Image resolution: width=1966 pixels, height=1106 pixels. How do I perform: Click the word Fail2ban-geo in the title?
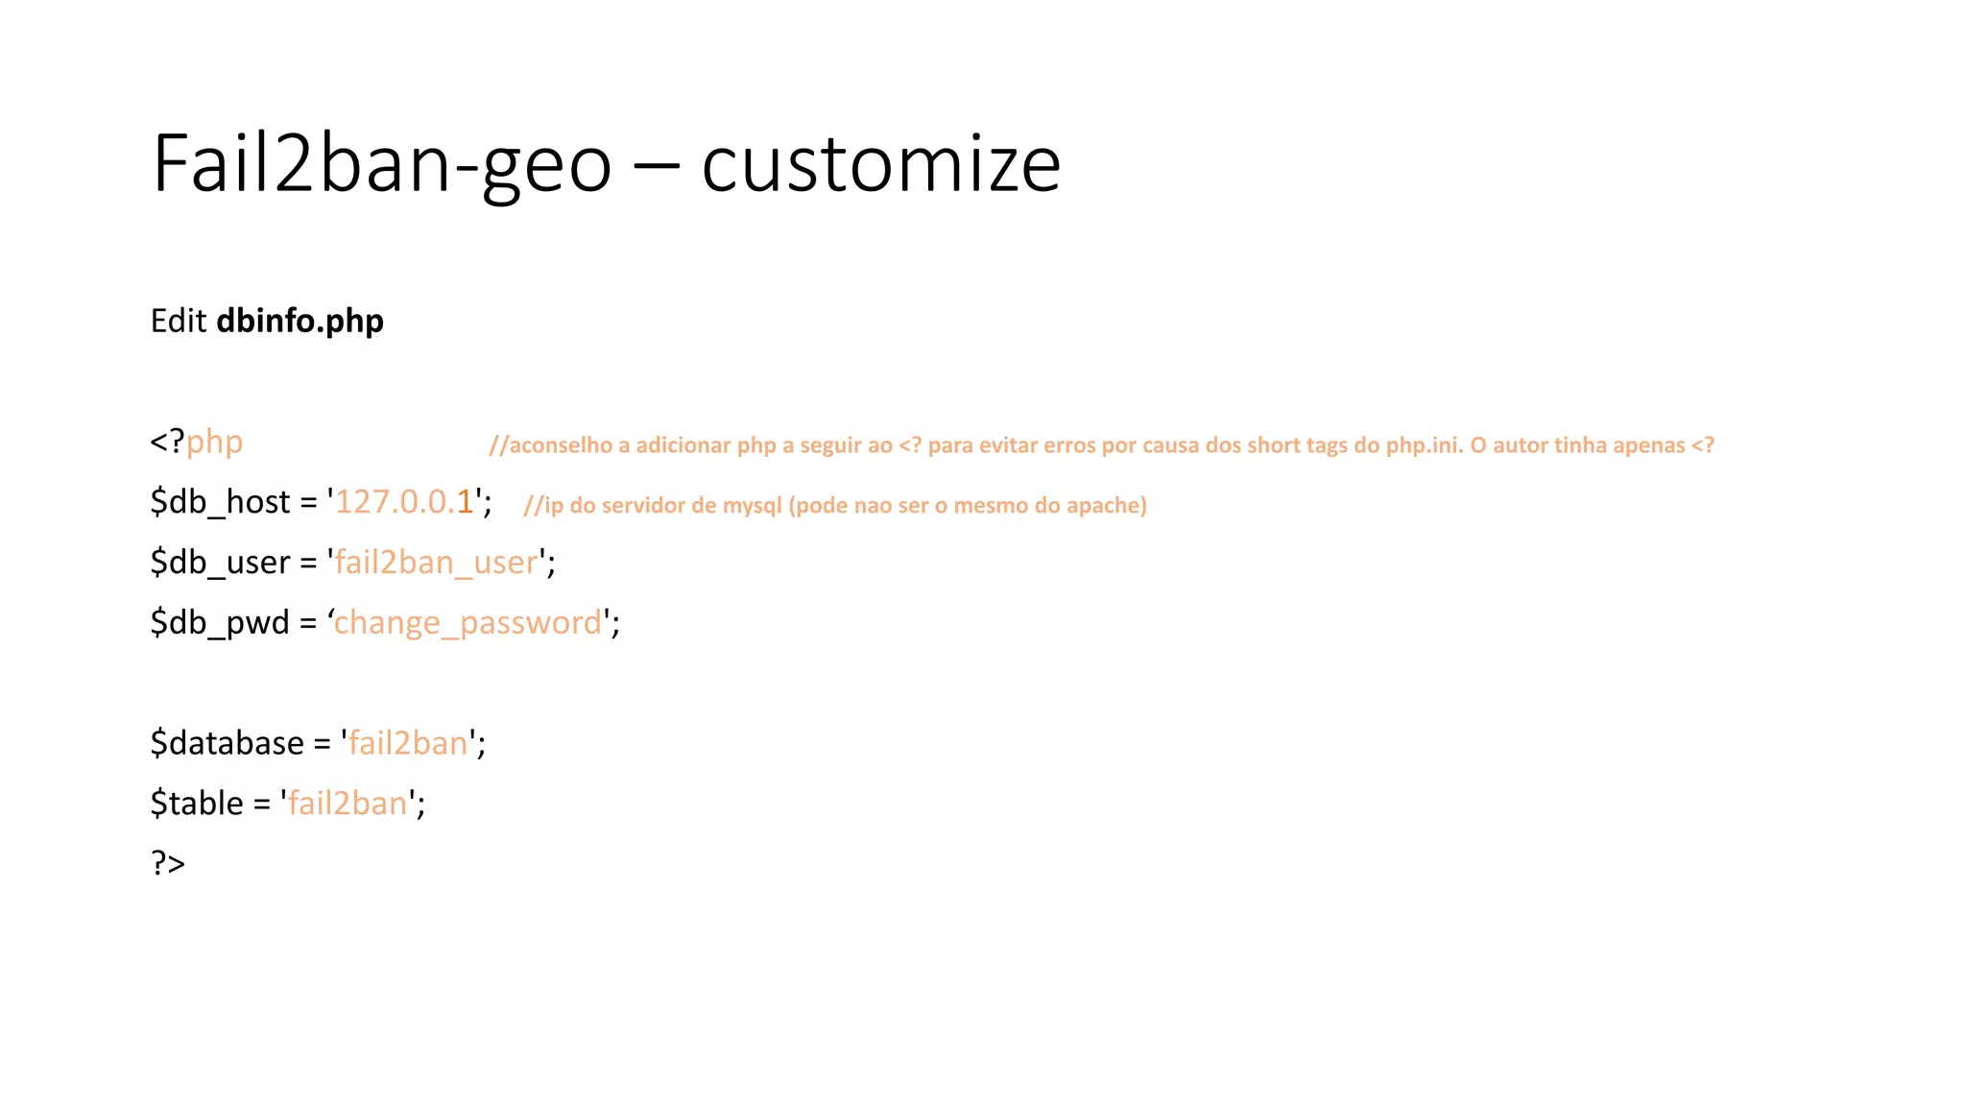coord(382,164)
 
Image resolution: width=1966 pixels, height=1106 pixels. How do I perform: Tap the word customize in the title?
coord(880,164)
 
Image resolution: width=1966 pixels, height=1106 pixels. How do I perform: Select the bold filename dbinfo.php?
coord(300,321)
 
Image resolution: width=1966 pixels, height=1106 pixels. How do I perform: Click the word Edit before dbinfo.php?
coord(179,321)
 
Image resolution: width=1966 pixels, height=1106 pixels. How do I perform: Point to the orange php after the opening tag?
coord(214,443)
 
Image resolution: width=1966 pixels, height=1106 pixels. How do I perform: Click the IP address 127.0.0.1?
coord(404,502)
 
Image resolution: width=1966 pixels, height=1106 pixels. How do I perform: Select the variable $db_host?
coord(220,502)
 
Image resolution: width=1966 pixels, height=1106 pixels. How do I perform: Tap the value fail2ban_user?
coord(436,563)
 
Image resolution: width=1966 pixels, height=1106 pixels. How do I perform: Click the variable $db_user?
coord(220,563)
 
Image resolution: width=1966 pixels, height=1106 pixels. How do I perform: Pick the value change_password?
coord(468,623)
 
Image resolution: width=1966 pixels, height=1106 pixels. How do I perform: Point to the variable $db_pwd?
coord(220,623)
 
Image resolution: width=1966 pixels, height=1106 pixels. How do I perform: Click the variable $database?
coord(228,743)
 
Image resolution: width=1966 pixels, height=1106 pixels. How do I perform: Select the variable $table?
coord(197,804)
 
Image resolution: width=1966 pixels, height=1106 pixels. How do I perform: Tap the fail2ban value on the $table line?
coord(348,804)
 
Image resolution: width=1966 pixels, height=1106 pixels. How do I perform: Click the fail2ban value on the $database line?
coord(408,743)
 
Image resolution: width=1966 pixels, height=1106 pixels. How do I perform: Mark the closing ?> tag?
coord(168,863)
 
